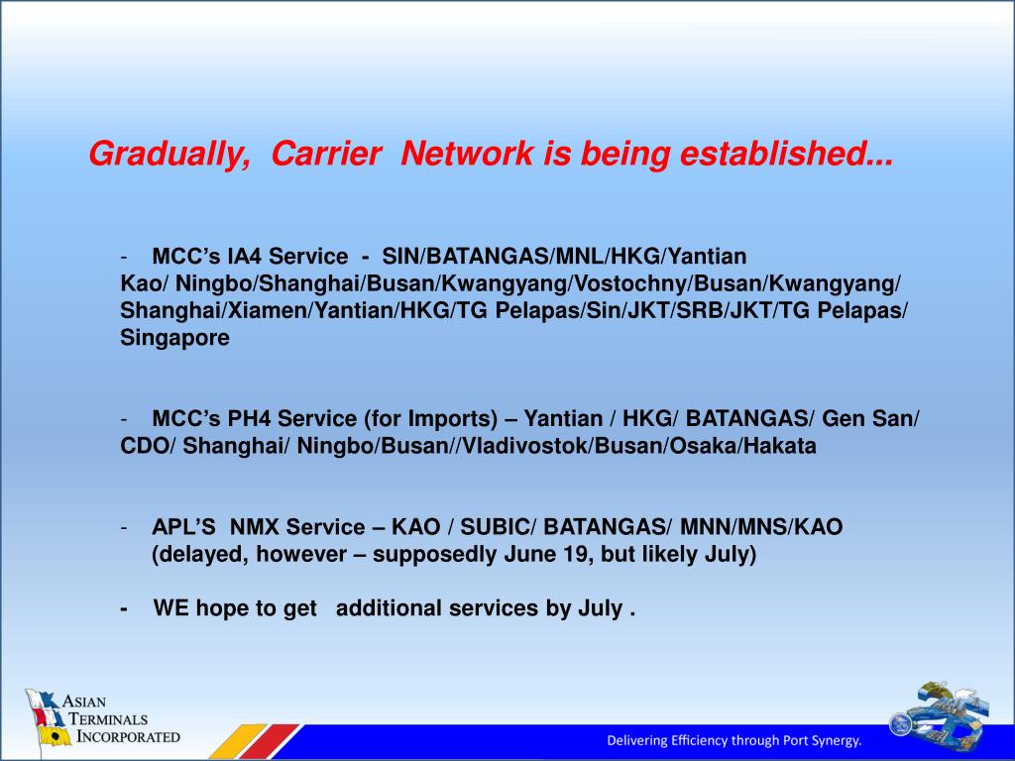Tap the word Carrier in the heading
pos(325,154)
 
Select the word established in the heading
pos(786,154)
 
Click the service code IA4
pos(244,257)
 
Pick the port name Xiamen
pos(268,310)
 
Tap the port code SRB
pos(699,310)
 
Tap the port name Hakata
pos(780,446)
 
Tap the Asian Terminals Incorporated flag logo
pos(48,718)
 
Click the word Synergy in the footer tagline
pos(839,741)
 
